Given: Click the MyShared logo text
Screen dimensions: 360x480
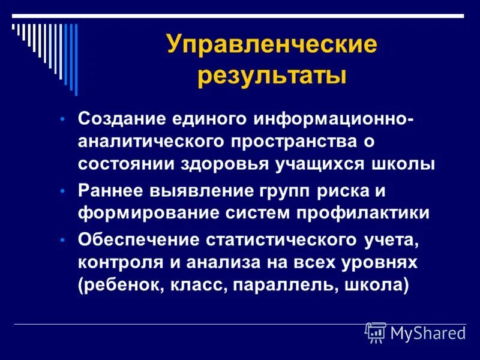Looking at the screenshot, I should coord(428,332).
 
